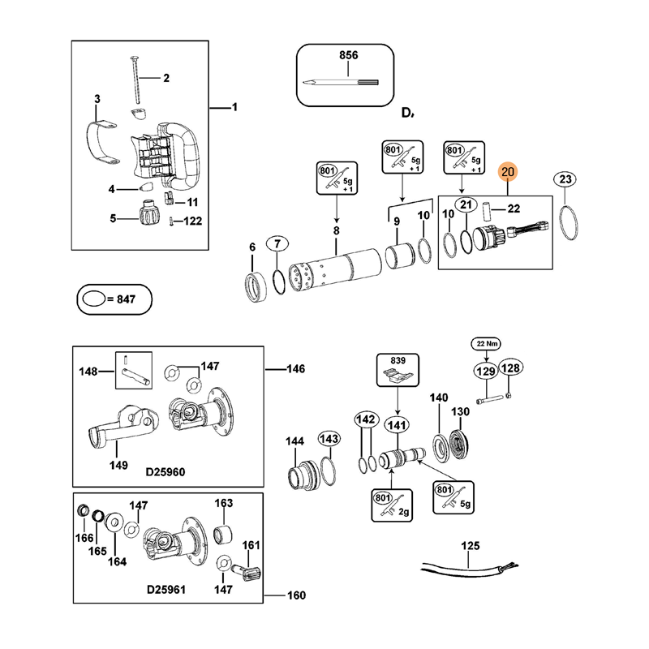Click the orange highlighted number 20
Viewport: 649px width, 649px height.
click(508, 173)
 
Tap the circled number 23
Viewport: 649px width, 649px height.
click(566, 179)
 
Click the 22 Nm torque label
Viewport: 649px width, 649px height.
click(485, 343)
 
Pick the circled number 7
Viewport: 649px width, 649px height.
click(277, 244)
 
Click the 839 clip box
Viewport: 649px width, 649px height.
click(398, 368)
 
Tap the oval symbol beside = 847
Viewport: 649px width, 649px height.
click(93, 300)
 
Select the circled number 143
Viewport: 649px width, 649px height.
click(329, 439)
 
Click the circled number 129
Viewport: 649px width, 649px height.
click(485, 371)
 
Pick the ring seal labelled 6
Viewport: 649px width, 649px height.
click(254, 287)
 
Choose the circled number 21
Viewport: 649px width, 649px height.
click(465, 204)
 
